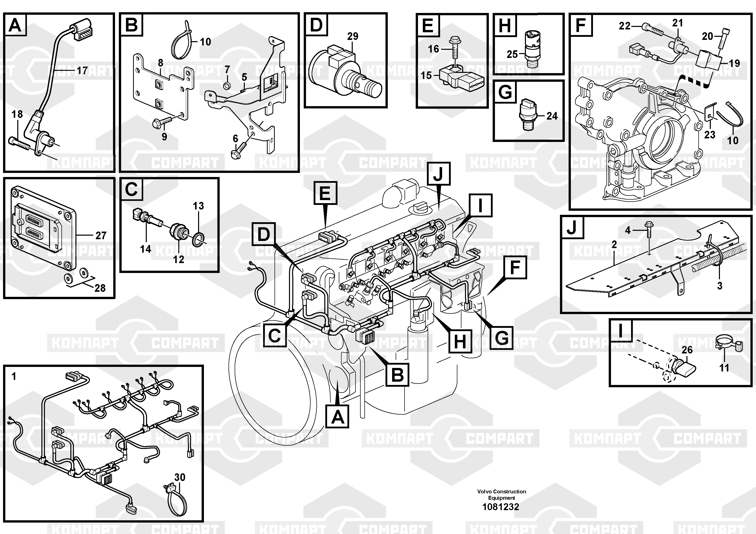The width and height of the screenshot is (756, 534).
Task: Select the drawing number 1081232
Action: [501, 507]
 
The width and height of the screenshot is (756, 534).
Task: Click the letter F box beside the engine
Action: [515, 267]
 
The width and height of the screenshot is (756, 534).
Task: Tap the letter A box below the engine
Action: [337, 416]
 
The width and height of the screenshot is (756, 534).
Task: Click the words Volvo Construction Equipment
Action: [502, 494]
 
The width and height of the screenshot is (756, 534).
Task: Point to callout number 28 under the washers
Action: [100, 288]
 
